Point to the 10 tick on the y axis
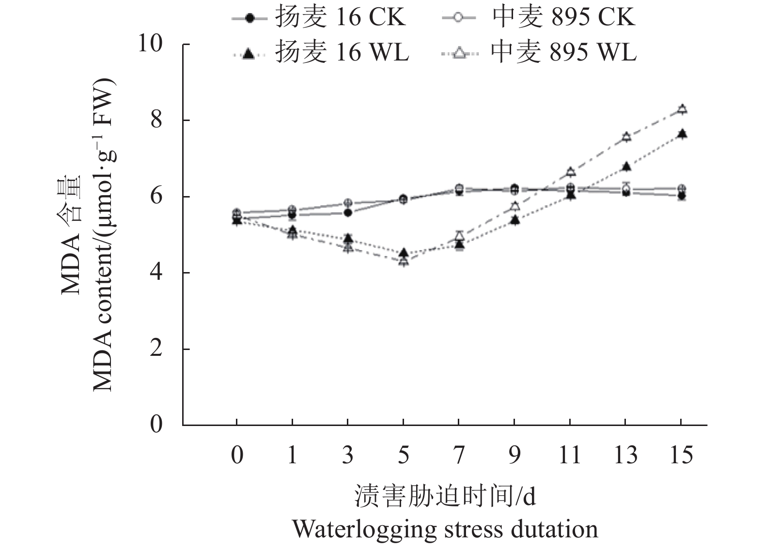(x=150, y=44)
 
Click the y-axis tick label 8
(x=156, y=120)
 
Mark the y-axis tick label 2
(x=156, y=349)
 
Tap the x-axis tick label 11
(x=570, y=455)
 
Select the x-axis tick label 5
(x=403, y=455)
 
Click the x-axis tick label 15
(x=681, y=455)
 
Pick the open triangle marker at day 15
(x=682, y=109)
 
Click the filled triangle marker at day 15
(x=682, y=134)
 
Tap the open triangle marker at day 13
(x=626, y=137)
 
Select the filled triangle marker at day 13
(x=626, y=167)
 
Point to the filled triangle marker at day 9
(x=514, y=220)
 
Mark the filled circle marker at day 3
(x=347, y=213)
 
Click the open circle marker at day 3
(x=347, y=203)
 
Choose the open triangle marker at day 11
(x=570, y=172)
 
